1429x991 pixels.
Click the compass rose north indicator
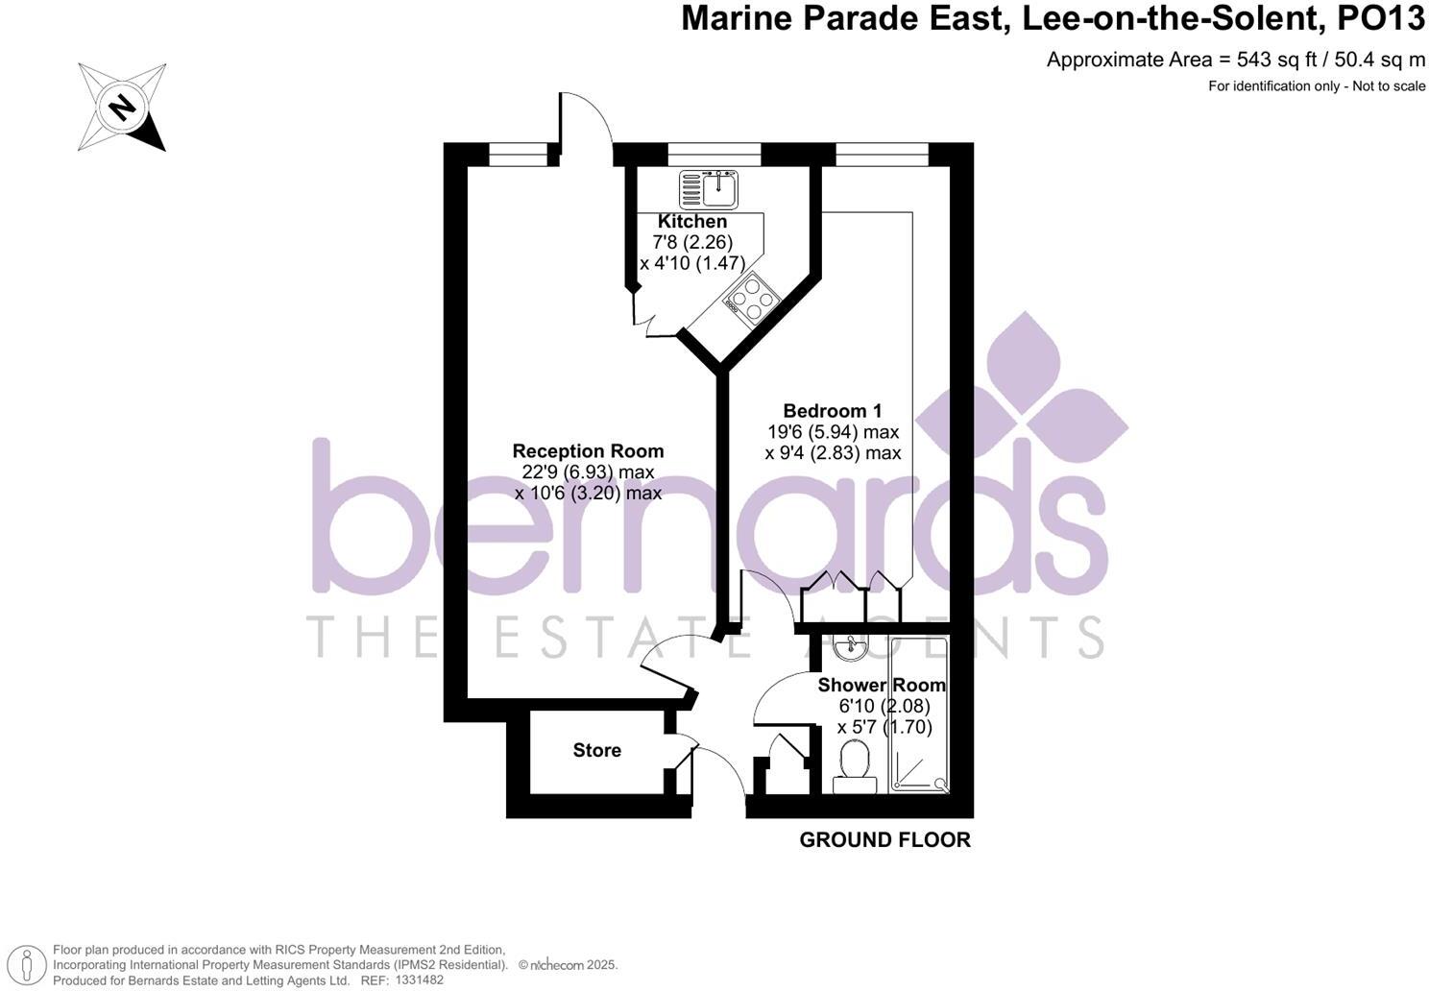click(x=122, y=107)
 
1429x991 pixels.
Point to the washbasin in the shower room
click(x=850, y=649)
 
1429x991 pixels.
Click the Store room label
click(x=596, y=750)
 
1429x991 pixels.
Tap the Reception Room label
click(x=588, y=450)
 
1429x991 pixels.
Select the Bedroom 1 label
click(x=832, y=410)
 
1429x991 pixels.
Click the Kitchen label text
click(x=692, y=221)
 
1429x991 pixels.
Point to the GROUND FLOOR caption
click(x=884, y=840)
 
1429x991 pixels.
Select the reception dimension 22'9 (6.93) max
click(x=588, y=471)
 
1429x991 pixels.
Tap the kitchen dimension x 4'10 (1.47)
click(x=692, y=262)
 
